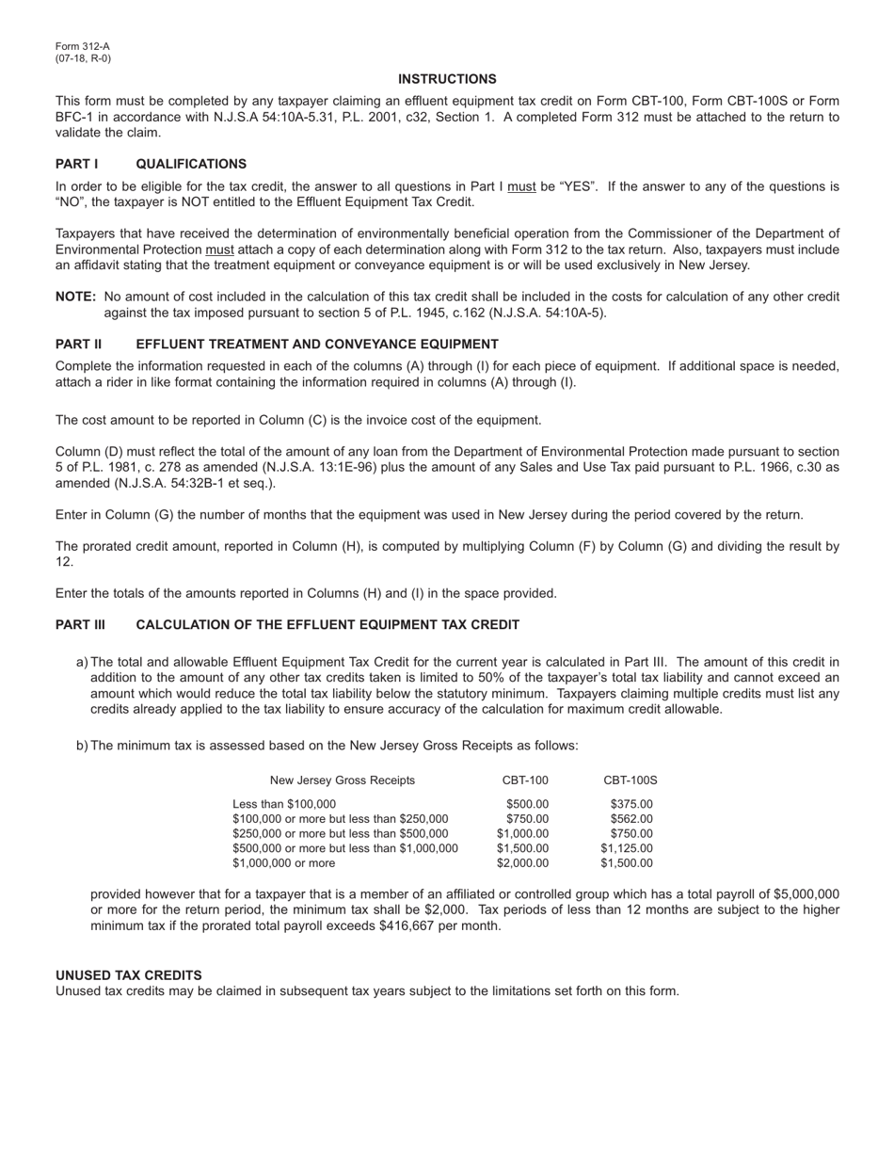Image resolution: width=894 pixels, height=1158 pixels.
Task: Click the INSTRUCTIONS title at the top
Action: [x=447, y=79]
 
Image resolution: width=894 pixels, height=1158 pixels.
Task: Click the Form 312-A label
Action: [x=82, y=46]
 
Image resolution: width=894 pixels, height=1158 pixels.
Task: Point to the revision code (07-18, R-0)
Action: [x=83, y=58]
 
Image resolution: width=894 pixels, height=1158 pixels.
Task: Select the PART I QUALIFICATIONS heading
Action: [x=151, y=164]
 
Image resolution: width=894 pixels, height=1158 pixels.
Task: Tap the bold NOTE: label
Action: [x=75, y=297]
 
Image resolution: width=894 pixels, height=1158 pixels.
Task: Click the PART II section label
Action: [x=78, y=344]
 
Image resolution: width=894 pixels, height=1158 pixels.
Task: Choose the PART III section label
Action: [x=80, y=624]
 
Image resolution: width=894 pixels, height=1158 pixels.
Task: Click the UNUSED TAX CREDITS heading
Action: [x=128, y=974]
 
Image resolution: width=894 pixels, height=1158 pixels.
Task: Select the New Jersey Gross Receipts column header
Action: [x=342, y=780]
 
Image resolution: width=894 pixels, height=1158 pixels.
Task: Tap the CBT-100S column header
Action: [x=631, y=780]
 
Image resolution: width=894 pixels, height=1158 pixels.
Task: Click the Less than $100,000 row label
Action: [x=283, y=804]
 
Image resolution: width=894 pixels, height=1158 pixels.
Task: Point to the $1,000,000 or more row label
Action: [x=283, y=862]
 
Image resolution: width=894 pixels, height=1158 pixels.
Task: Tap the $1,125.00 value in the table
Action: [x=626, y=848]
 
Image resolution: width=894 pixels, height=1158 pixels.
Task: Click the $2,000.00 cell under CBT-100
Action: [x=522, y=862]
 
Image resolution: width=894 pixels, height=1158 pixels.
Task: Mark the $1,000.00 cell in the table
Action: [x=522, y=833]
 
